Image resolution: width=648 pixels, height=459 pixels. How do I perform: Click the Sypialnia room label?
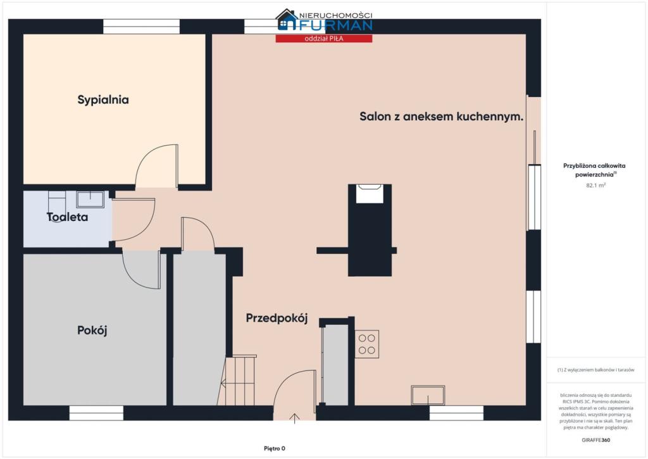coord(103,100)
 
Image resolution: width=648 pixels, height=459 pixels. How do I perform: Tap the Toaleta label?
coord(67,217)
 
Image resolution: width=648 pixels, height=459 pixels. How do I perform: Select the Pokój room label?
coord(92,330)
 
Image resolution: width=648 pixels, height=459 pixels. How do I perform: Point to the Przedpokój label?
coord(277,318)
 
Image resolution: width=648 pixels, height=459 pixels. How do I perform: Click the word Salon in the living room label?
coord(375,116)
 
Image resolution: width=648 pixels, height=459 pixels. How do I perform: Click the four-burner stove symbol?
coord(367,344)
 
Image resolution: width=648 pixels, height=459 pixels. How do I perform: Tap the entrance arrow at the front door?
coord(295,418)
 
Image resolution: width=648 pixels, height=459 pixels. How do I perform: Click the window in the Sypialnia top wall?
coord(141,27)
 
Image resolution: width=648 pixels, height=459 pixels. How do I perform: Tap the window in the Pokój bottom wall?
coord(96,413)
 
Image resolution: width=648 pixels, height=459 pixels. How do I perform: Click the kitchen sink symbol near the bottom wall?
coord(428,395)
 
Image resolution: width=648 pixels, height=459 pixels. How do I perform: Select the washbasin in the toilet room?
coord(90,199)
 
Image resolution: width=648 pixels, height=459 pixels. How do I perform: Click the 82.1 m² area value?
coord(595,185)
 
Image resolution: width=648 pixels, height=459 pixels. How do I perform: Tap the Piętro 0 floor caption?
coord(275,448)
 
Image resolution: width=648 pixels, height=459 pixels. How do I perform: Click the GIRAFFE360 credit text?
coord(595,440)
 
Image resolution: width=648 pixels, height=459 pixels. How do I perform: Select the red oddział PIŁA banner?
coord(324,39)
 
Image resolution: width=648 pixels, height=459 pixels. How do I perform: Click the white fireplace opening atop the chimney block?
coord(370,194)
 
